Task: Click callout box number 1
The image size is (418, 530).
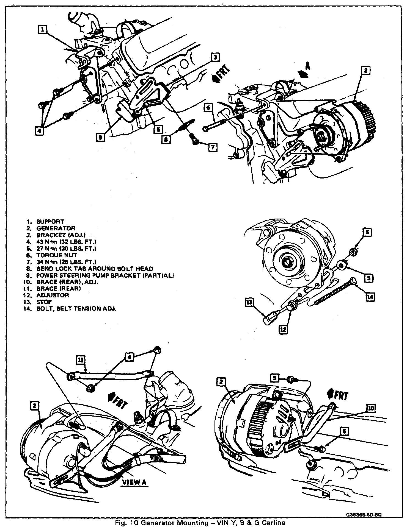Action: [x=42, y=29]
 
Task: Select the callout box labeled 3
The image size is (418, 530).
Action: [x=215, y=57]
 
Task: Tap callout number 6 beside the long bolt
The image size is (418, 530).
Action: [x=208, y=108]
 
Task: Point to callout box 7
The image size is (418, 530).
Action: [x=213, y=147]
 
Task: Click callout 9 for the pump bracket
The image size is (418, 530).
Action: [x=101, y=137]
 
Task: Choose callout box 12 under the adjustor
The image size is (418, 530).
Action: [x=284, y=329]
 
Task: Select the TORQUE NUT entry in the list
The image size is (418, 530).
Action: [x=57, y=255]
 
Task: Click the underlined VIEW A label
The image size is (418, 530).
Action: [x=134, y=482]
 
